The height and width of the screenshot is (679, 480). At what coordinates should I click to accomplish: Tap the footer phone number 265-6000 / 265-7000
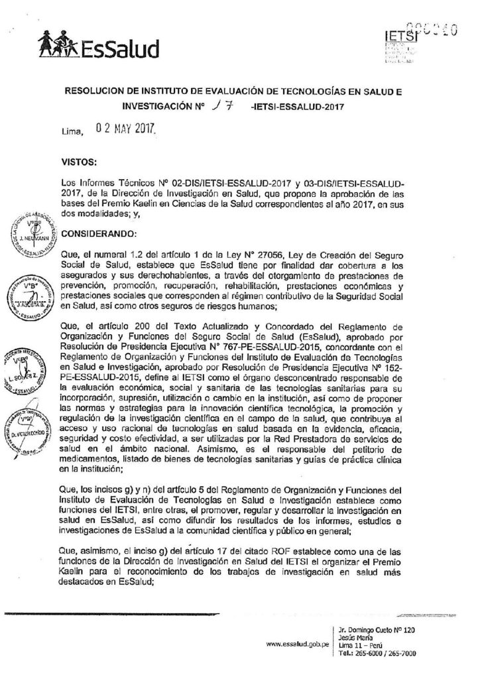pos(377,653)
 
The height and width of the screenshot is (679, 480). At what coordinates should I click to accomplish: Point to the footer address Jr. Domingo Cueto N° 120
pos(376,630)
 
